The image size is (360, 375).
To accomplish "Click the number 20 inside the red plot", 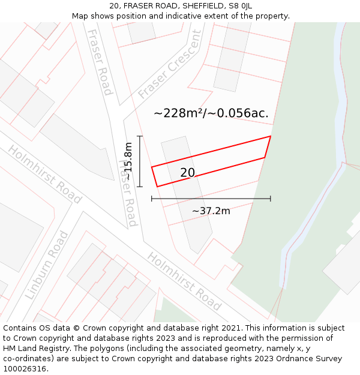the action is (187, 173).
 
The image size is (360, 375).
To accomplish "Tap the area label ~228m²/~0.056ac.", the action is (211, 113).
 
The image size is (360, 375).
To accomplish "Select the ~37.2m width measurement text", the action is (211, 211).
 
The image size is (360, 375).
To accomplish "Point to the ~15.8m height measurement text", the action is (128, 161).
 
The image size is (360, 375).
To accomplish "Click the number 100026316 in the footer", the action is (24, 369).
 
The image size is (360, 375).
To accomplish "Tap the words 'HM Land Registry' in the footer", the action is (34, 349).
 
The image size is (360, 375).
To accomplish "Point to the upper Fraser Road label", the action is (100, 62).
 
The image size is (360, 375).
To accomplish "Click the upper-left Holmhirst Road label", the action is (44, 174).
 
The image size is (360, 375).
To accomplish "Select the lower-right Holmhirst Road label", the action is (184, 281).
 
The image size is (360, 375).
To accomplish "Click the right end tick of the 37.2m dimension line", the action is (270, 199).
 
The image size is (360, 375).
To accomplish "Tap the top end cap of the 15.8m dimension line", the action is (140, 137).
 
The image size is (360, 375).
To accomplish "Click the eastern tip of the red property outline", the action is (270, 137).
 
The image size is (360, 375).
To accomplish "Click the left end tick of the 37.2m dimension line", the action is (152, 199).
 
